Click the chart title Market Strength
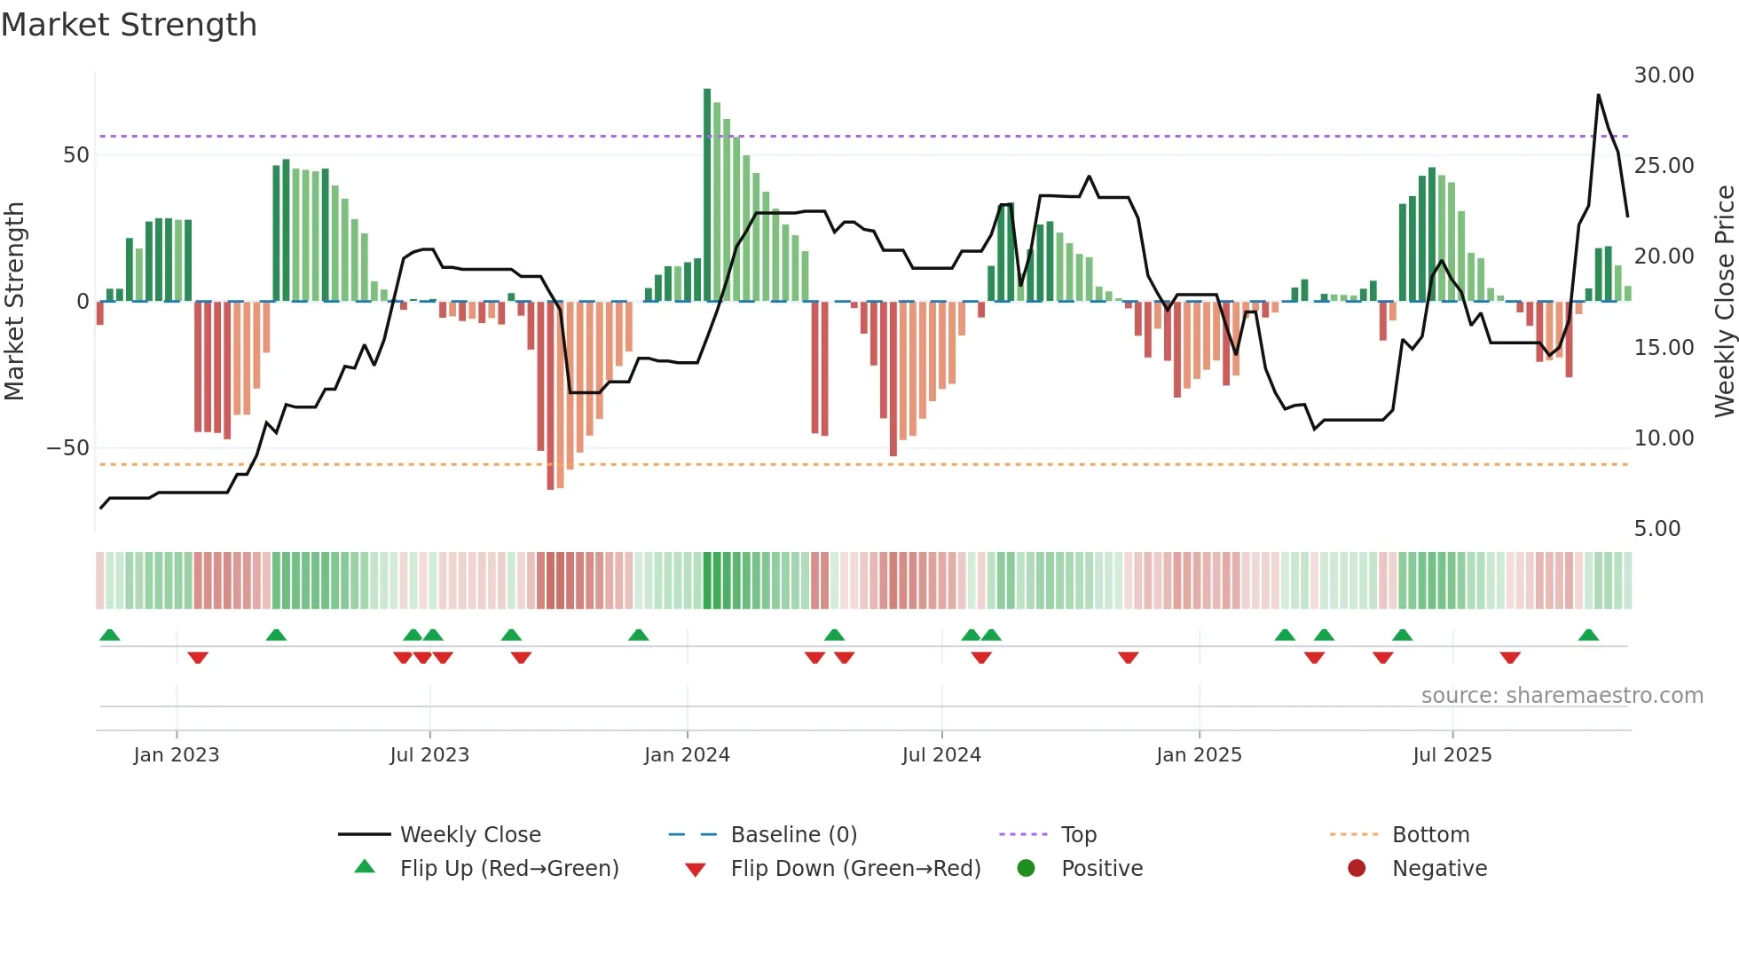129,25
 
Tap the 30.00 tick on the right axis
1664,75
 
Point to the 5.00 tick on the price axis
1656,529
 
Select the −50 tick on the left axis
68,448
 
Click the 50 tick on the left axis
76,155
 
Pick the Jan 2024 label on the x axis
687,755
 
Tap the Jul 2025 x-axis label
1452,755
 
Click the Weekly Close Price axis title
1724,302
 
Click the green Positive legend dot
1027,869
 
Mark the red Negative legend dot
1357,869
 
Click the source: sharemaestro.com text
1562,696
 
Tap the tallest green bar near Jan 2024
707,195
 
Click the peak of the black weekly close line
1599,95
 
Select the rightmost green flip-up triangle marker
1588,635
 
